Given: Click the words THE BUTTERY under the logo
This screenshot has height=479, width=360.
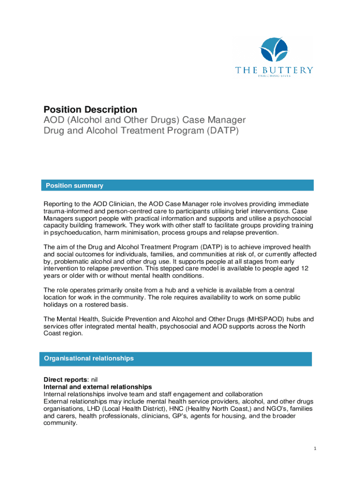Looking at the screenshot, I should pos(274,70).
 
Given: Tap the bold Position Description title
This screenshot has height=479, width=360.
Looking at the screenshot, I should pos(90,109).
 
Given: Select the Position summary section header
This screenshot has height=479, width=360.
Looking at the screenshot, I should pos(74,186).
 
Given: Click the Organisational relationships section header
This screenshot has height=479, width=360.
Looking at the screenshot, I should pos(89,358).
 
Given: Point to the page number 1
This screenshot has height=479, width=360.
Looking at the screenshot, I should pos(316,449).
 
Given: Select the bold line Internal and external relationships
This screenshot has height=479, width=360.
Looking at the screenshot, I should pos(97,387).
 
